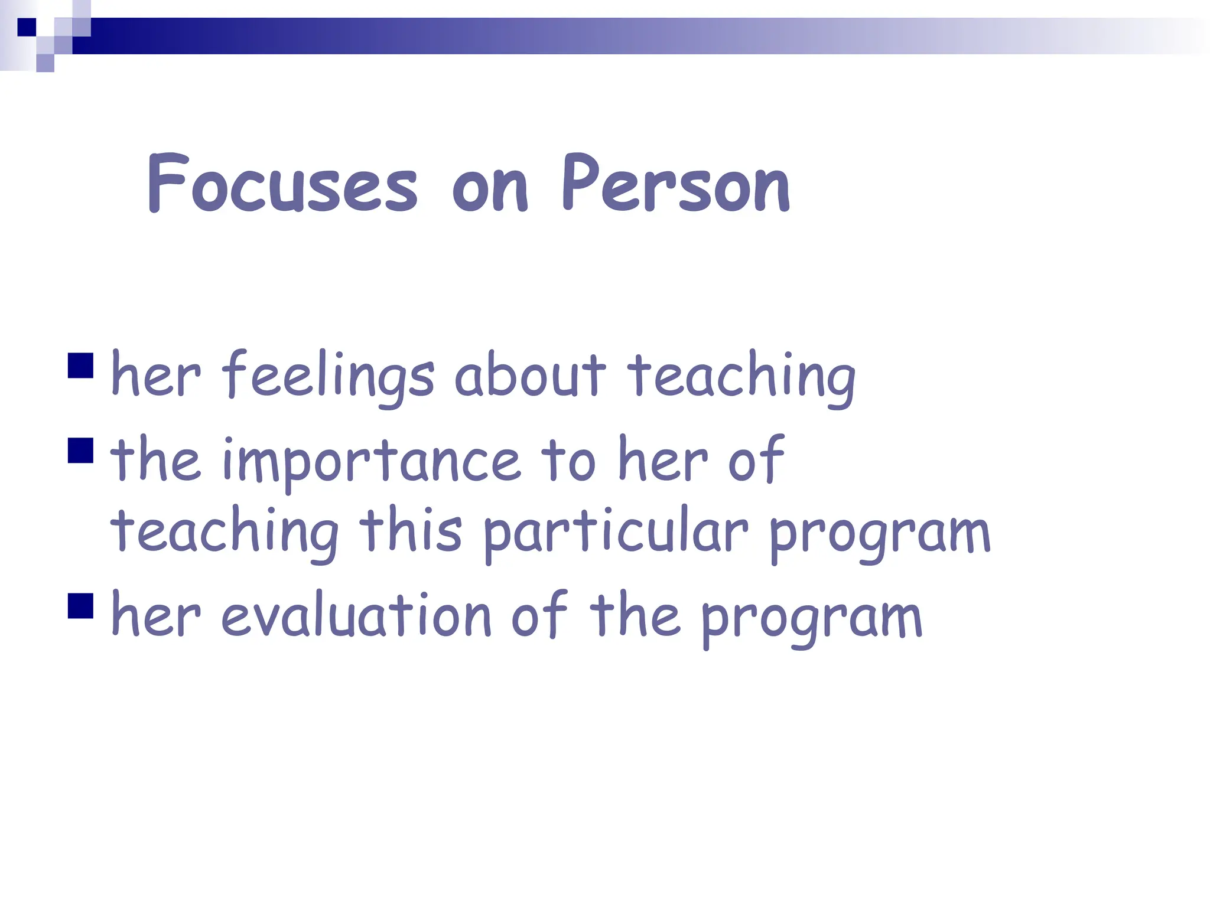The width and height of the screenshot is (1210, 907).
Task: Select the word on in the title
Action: [x=489, y=189]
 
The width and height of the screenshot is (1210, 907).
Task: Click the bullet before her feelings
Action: [x=81, y=365]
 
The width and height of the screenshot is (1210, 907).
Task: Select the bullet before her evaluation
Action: [x=81, y=605]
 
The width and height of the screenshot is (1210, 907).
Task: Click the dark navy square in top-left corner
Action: [x=27, y=27]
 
